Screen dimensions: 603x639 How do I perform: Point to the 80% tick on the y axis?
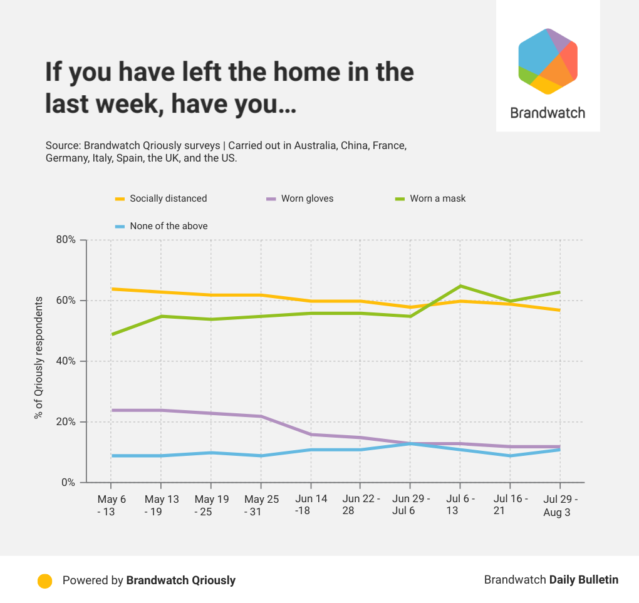coord(65,240)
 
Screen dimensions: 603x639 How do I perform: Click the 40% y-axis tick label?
coord(65,361)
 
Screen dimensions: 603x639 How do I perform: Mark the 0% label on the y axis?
coord(68,483)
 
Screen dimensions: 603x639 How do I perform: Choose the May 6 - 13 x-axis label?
coord(111,505)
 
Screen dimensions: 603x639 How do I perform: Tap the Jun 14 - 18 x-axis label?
coord(310,505)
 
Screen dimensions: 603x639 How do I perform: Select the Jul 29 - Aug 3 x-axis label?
coord(559,505)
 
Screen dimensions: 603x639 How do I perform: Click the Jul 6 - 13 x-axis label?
coord(460,505)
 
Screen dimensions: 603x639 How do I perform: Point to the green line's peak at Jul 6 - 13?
coord(460,286)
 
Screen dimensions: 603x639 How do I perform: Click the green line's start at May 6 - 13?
coord(111,334)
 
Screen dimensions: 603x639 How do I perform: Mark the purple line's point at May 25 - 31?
coord(261,416)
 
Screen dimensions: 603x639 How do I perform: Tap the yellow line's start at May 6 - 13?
coord(111,289)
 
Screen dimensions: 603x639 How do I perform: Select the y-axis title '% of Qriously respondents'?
coord(39,358)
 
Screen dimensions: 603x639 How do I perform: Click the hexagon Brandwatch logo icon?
coord(548,61)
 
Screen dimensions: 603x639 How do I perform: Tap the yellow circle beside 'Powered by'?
coord(44,580)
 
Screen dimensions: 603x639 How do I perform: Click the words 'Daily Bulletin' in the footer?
coord(583,580)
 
